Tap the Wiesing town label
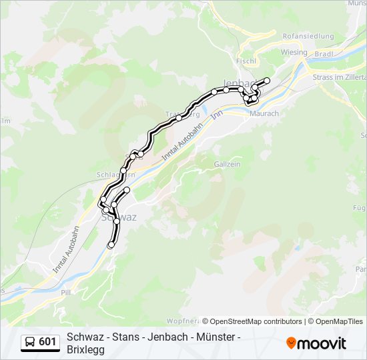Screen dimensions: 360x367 point(294,52)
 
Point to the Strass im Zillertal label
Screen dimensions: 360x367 point(339,77)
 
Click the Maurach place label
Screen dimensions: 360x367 point(264,113)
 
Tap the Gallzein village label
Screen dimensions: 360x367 point(226,163)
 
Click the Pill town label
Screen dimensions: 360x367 point(65,292)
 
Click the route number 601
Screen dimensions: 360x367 point(47,342)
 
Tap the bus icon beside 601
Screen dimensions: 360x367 point(30,342)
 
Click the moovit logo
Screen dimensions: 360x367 point(316,343)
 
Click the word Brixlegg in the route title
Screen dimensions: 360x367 point(86,349)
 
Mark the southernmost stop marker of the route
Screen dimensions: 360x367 point(111,245)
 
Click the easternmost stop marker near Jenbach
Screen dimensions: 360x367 point(267,81)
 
